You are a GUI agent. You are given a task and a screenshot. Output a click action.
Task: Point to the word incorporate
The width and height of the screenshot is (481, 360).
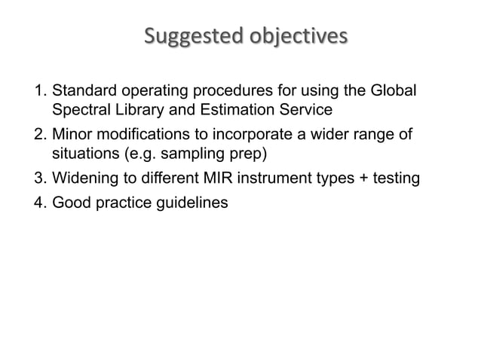click(247, 136)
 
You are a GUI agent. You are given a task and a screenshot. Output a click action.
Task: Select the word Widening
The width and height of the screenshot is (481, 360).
click(83, 179)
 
